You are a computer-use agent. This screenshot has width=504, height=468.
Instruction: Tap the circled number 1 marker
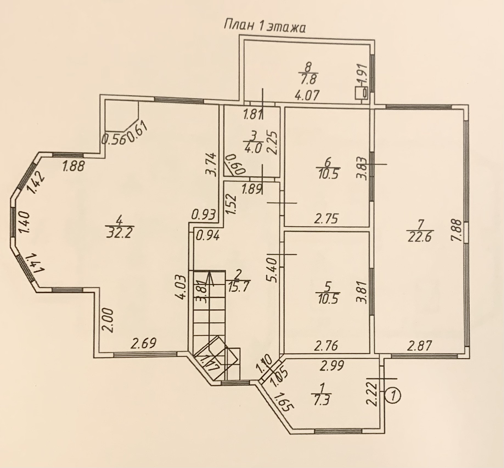394,396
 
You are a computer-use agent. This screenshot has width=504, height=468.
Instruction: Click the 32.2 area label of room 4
119,233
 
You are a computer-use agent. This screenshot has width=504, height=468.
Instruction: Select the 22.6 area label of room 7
419,236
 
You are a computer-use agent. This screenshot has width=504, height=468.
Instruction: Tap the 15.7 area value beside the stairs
238,286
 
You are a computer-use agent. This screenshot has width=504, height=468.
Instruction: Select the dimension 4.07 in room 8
307,96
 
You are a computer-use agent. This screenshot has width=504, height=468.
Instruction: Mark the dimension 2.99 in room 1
332,366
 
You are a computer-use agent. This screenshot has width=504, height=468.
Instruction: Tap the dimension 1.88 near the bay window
73,166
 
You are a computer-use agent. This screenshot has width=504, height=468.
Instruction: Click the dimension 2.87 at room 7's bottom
419,345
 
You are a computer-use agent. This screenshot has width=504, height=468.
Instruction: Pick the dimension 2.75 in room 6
326,219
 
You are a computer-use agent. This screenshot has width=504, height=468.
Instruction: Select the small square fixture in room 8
361,93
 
